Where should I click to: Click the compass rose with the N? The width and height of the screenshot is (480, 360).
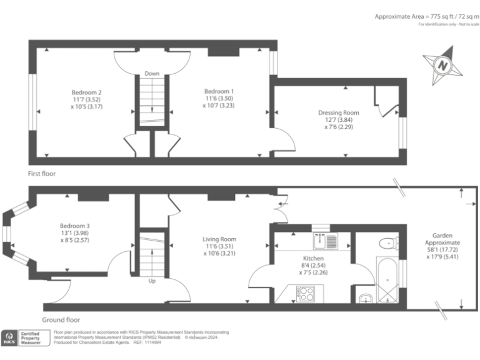443,64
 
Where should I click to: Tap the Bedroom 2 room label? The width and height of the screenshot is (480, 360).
86,92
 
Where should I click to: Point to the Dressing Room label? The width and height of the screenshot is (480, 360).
338,113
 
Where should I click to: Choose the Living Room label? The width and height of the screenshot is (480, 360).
219,239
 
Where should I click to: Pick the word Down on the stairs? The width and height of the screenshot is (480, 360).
152,74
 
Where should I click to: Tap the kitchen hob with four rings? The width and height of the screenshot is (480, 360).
306,292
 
